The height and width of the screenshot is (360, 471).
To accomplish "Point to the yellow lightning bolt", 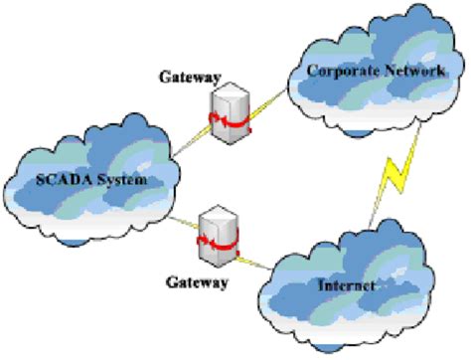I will [397, 184].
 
